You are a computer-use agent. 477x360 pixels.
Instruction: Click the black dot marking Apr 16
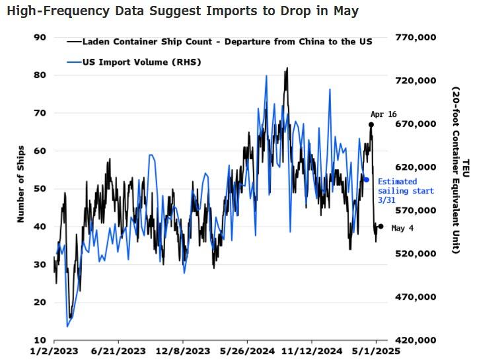coord(371,124)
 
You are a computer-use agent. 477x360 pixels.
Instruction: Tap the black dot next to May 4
coord(381,227)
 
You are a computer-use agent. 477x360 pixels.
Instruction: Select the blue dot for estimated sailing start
coord(367,179)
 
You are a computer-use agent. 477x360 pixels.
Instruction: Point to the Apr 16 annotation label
coord(383,114)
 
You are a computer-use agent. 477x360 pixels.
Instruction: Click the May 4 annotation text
coord(403,228)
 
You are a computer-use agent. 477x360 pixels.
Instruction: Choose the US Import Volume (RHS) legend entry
coord(141,62)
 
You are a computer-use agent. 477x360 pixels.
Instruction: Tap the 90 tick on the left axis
coord(40,38)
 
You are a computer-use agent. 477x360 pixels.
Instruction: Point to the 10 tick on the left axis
coord(40,340)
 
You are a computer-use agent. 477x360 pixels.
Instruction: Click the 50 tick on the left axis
coord(40,189)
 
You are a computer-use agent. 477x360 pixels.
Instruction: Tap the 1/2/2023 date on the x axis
coord(54,352)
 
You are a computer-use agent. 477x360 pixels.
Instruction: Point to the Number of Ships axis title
coord(20,184)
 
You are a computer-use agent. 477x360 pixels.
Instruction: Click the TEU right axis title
coord(465,167)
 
